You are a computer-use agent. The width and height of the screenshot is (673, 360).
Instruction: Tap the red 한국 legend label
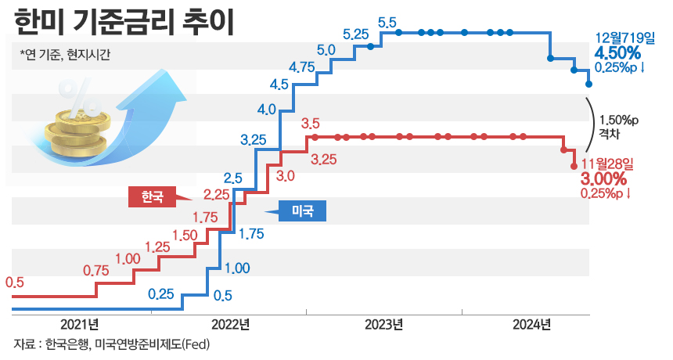point(153,196)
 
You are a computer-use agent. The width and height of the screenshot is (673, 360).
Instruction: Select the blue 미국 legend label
point(301,211)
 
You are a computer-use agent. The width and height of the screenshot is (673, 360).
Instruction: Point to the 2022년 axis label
point(230,325)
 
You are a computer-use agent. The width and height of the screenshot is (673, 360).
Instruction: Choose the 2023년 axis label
point(383,325)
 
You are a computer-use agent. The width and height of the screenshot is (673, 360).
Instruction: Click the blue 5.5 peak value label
point(387,23)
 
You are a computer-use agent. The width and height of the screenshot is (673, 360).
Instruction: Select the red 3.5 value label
point(310,123)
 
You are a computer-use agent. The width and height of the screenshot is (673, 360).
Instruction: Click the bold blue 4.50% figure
point(618,52)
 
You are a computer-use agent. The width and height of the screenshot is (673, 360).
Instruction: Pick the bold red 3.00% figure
point(604,179)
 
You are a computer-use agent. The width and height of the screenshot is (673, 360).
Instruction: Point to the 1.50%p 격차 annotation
point(618,127)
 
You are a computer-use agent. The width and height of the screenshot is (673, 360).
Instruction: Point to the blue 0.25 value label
point(160,294)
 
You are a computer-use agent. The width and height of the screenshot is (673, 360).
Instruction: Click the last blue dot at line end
point(588,84)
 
